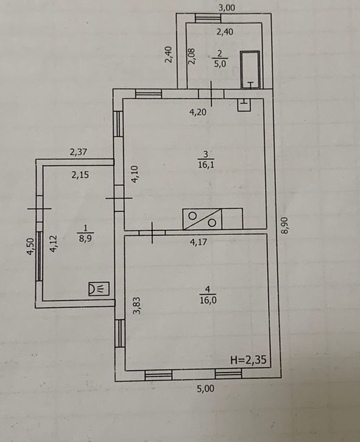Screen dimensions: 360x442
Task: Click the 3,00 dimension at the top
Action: (x=227, y=7)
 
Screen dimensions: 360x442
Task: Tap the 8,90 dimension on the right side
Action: (x=284, y=225)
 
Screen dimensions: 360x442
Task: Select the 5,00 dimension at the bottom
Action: (x=206, y=389)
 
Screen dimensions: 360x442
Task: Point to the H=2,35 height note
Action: (x=248, y=360)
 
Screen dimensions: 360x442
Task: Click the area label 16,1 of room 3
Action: (x=206, y=165)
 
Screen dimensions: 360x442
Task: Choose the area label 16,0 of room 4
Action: (x=208, y=300)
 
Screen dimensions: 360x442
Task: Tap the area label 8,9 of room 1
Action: (x=86, y=238)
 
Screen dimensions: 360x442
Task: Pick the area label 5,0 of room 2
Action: (x=220, y=63)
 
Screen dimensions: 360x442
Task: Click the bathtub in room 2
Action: (x=250, y=70)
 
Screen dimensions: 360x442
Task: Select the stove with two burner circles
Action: (x=202, y=219)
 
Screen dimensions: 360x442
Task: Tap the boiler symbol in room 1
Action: (x=99, y=288)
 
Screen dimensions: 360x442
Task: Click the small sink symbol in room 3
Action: (x=244, y=105)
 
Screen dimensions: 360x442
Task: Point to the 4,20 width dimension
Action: (x=198, y=112)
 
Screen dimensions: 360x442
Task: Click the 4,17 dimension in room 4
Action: (x=199, y=242)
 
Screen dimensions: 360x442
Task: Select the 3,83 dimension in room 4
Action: (x=137, y=305)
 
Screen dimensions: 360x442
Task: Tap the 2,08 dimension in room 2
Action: (x=191, y=56)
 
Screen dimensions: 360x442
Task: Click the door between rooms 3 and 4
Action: (x=152, y=232)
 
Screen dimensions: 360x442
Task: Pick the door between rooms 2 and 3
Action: (x=211, y=94)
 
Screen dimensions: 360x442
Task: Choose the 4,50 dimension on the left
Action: (x=30, y=247)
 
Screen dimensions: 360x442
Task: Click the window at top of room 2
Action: (x=208, y=18)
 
